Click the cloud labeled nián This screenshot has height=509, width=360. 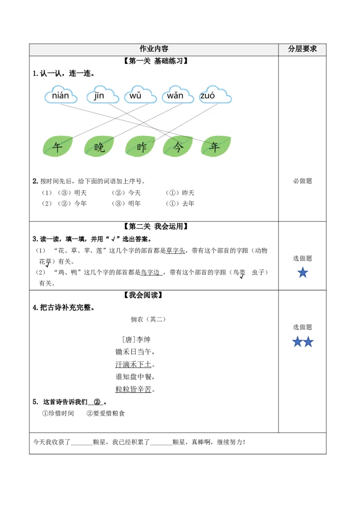pyautogui.click(x=61, y=95)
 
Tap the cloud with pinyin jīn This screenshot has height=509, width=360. pyautogui.click(x=102, y=95)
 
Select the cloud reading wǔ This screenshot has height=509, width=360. pyautogui.click(x=139, y=95)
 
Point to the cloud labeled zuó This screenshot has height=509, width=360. pyautogui.click(x=215, y=95)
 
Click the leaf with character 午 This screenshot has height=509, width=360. pyautogui.click(x=57, y=147)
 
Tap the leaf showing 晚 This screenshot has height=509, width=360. pyautogui.click(x=99, y=147)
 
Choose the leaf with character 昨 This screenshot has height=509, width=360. pyautogui.click(x=140, y=147)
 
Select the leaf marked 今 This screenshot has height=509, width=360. pyautogui.click(x=178, y=147)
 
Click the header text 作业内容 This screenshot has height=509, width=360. pyautogui.click(x=154, y=49)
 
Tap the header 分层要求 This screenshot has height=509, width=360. pyautogui.click(x=302, y=49)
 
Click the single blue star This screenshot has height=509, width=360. pyautogui.click(x=303, y=272)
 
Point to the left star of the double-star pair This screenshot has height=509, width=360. pyautogui.click(x=297, y=342)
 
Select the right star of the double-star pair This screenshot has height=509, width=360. pyautogui.click(x=308, y=342)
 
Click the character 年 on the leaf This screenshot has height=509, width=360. pyautogui.click(x=215, y=147)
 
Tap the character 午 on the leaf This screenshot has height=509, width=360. pyautogui.click(x=57, y=147)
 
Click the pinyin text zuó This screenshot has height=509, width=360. pyautogui.click(x=207, y=95)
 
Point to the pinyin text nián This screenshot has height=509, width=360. pyautogui.click(x=61, y=95)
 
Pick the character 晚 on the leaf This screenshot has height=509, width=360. pyautogui.click(x=99, y=147)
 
